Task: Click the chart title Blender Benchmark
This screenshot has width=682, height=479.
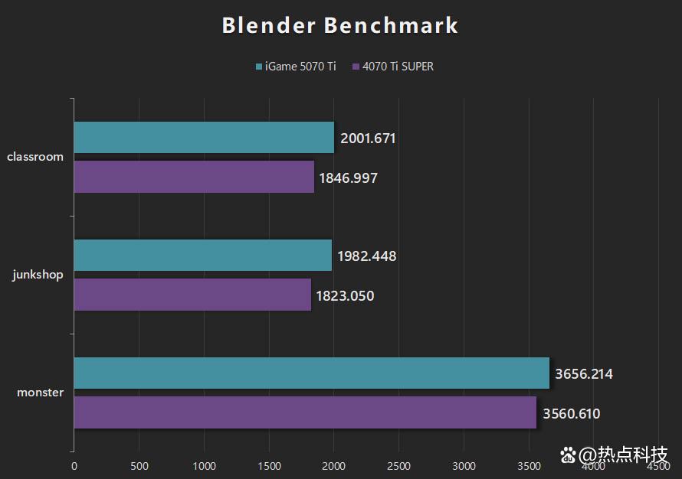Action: [340, 25]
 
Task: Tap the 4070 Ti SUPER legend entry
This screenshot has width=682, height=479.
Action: [392, 67]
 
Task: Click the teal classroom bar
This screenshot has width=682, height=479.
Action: [204, 138]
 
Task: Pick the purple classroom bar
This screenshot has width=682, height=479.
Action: [194, 177]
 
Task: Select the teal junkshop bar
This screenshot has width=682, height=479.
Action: [202, 256]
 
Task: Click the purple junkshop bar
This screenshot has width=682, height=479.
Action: [192, 295]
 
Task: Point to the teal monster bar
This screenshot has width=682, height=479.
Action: [311, 373]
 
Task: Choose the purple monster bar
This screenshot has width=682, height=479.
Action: [305, 412]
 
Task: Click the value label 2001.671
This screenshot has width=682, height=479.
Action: [368, 138]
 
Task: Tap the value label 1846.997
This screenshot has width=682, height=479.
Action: [348, 178]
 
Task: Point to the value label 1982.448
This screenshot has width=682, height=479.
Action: [366, 256]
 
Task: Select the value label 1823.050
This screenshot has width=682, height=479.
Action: [346, 295]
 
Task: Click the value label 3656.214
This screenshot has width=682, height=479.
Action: [583, 374]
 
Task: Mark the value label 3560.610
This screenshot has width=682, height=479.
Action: [571, 414]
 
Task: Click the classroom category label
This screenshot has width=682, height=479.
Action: [35, 157]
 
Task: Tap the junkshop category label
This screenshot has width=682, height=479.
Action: [38, 275]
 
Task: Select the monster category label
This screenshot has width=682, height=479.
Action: [41, 393]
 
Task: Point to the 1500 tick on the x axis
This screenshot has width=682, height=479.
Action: [269, 466]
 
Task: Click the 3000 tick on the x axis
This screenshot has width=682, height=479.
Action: [464, 466]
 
